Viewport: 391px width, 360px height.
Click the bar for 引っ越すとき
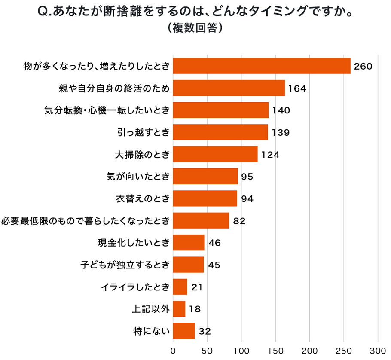click(x=220, y=132)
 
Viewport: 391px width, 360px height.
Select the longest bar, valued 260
click(x=261, y=66)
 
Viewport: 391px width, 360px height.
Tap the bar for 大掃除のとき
click(x=215, y=154)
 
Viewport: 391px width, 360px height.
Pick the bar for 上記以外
click(x=179, y=308)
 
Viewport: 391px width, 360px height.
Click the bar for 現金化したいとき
click(x=188, y=243)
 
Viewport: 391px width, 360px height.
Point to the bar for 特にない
click(x=183, y=331)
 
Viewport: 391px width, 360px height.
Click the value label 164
click(x=297, y=88)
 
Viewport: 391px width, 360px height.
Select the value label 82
click(x=239, y=221)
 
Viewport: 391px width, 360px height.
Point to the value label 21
click(x=197, y=287)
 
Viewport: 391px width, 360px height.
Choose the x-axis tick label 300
click(x=378, y=351)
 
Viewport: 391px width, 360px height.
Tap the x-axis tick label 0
click(x=173, y=351)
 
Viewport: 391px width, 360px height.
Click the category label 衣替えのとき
click(x=143, y=198)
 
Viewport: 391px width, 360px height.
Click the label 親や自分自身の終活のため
click(x=114, y=88)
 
